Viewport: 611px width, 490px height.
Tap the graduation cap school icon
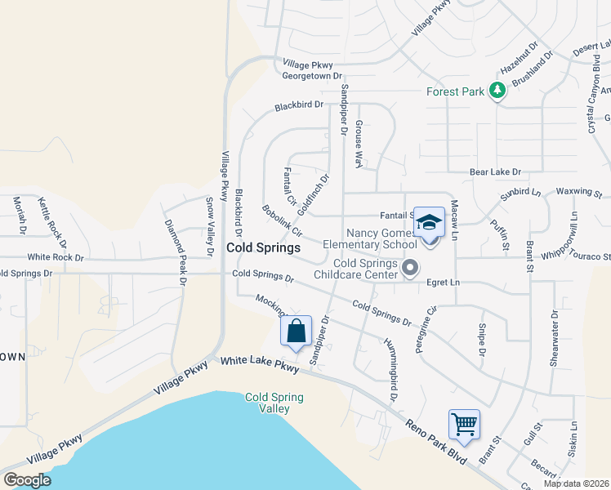(428, 221)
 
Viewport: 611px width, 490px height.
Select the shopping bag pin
(296, 331)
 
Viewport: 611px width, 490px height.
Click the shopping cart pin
(464, 424)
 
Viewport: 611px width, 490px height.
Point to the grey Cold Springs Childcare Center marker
(411, 268)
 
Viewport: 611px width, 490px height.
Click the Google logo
(27, 480)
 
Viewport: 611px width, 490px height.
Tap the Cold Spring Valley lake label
(274, 403)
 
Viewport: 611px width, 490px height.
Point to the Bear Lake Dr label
(495, 172)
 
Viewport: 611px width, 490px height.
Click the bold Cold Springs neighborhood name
(263, 247)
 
